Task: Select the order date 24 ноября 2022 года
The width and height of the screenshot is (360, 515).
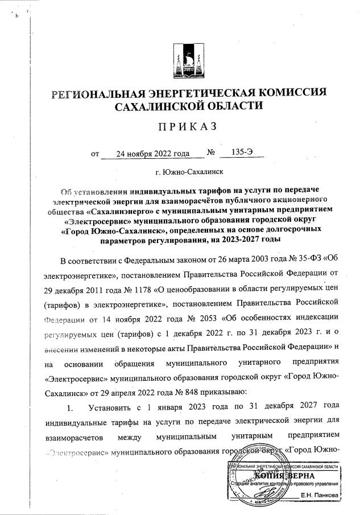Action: click(x=152, y=153)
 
